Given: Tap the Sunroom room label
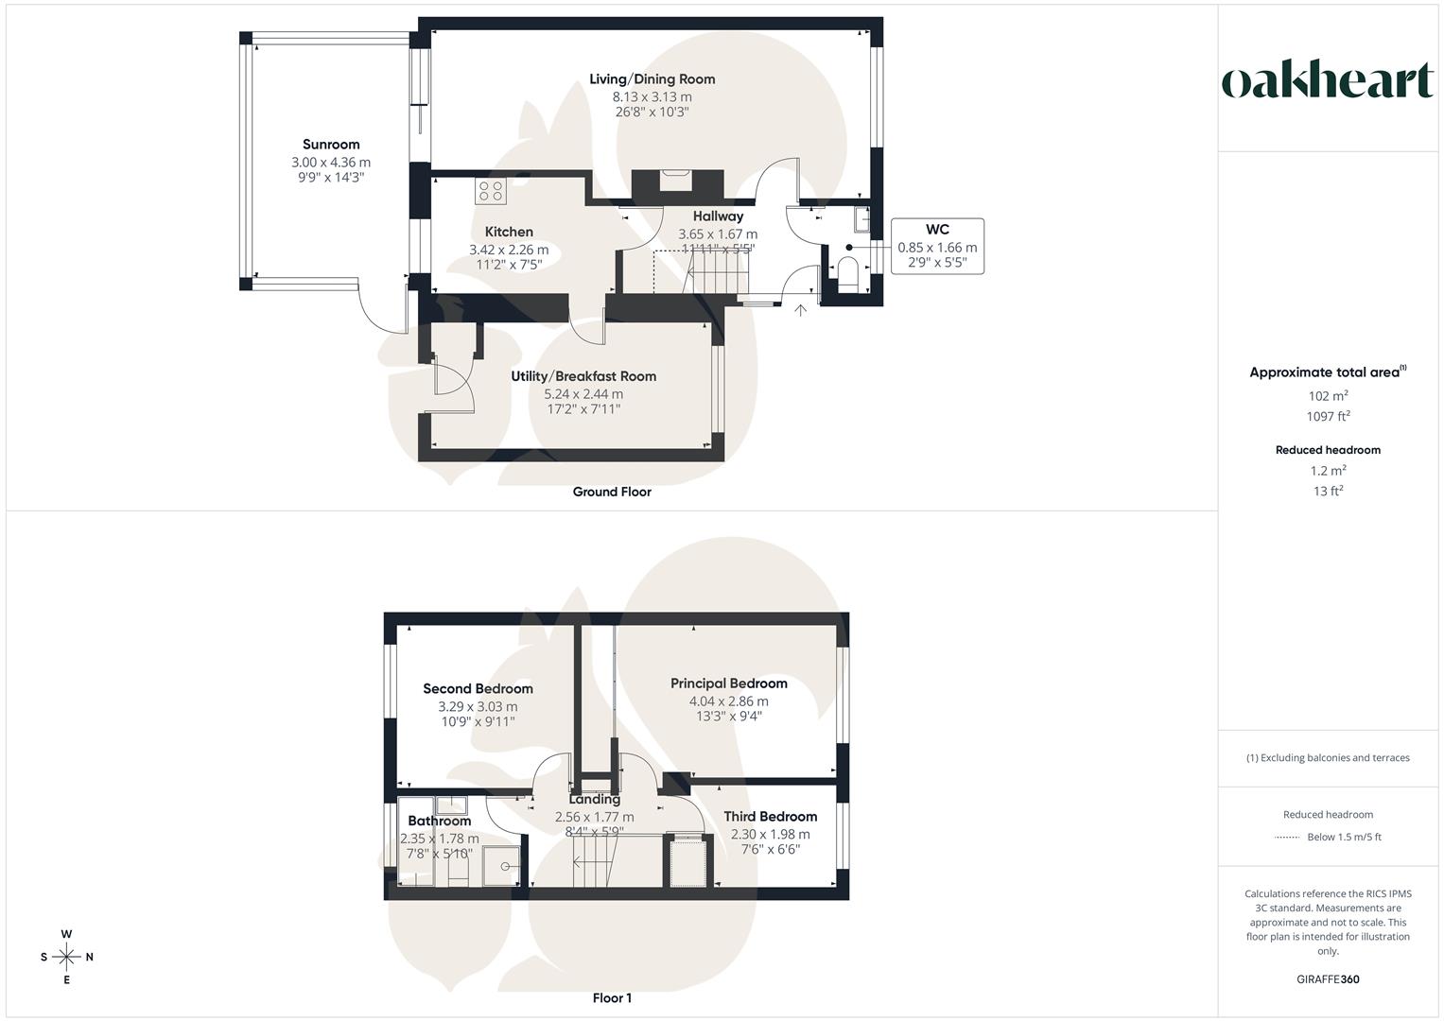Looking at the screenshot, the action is tap(331, 145).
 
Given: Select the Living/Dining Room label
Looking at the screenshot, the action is tap(652, 79).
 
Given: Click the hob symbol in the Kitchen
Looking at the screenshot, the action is tap(491, 191).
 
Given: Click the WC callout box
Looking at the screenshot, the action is tap(937, 246).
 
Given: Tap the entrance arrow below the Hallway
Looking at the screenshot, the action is tap(800, 311).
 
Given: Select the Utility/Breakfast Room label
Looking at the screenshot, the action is tap(583, 376).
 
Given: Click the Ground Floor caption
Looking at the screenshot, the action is tap(612, 492).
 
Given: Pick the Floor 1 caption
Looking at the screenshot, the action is tap(612, 998).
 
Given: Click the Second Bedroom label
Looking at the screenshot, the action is tap(478, 688).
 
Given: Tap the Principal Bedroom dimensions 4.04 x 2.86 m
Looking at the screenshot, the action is tap(728, 701).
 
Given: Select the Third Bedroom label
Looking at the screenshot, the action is tap(771, 817).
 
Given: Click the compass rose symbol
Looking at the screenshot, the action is tap(66, 957).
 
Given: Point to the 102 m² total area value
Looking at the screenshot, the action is tap(1328, 396).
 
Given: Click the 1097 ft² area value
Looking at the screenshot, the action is tap(1328, 416).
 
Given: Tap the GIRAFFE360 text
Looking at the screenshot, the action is tap(1328, 979).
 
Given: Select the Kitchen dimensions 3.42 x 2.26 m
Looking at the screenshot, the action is tap(509, 250).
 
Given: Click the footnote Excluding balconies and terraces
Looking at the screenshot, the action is tap(1328, 758).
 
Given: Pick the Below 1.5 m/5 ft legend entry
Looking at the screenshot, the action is tap(1344, 838).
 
